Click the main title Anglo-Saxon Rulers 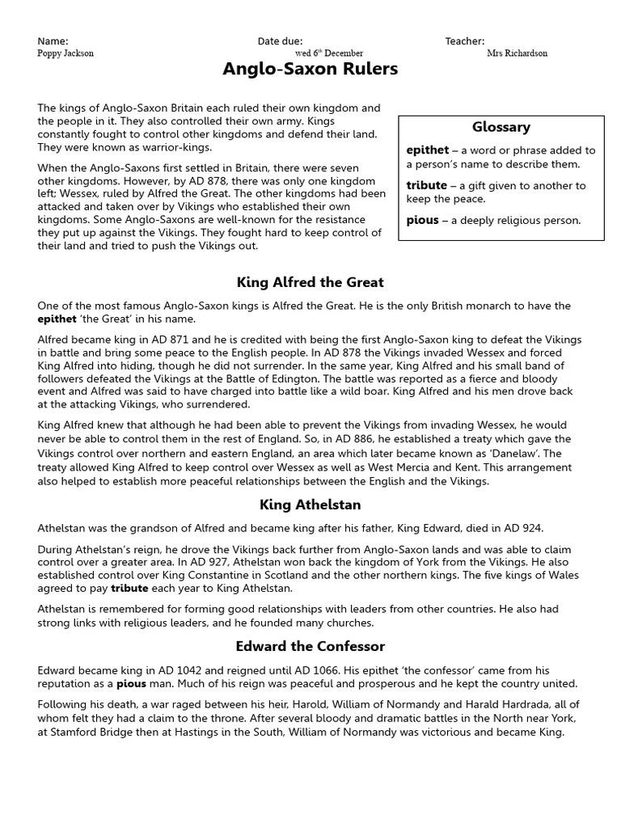tap(310, 70)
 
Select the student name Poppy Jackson tap(65, 53)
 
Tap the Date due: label tap(280, 41)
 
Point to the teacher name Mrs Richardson tap(517, 53)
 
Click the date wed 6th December tap(328, 53)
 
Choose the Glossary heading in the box tap(501, 127)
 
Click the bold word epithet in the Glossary tap(427, 150)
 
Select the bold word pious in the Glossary tap(422, 220)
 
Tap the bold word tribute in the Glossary tap(426, 185)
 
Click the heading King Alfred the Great tap(310, 282)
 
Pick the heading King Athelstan tap(310, 505)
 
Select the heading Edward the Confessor tap(310, 646)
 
